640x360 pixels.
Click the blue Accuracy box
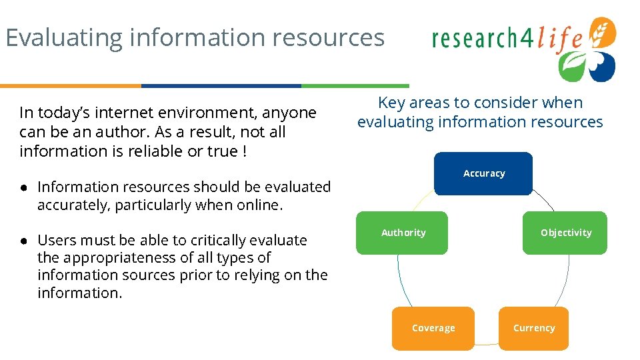point(483,173)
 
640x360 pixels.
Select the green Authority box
point(402,233)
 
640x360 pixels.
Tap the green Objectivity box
point(565,233)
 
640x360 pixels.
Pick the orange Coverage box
point(433,328)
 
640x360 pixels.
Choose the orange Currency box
point(533,328)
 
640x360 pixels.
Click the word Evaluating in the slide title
point(64,37)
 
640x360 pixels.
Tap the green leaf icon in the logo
point(572,66)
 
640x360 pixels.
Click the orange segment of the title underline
point(70,86)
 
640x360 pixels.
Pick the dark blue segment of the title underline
point(221,86)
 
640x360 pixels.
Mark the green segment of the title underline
point(355,86)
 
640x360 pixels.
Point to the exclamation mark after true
point(245,151)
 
